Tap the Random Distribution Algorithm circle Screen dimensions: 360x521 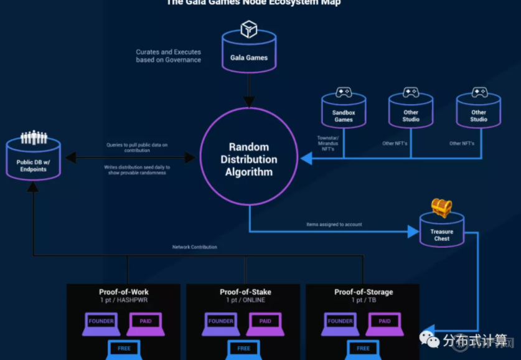[249, 159]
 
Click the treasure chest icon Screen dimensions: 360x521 [441, 209]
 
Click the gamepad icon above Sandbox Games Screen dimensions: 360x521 [344, 92]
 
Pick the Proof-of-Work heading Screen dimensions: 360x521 [124, 292]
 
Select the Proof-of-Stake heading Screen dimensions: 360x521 [245, 292]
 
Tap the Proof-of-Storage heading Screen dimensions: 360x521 [364, 292]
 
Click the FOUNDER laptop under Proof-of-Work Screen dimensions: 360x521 [101, 323]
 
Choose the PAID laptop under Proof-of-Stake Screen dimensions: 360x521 [266, 323]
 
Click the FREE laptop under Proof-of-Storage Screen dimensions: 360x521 [363, 349]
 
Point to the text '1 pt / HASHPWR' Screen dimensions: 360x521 [124, 300]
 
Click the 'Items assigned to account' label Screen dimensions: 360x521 [334, 224]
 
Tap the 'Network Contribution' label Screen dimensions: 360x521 [195, 247]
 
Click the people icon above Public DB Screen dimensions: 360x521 [34, 137]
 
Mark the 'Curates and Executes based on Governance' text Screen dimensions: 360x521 [169, 56]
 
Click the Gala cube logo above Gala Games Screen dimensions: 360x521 [249, 29]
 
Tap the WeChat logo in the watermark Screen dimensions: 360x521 [429, 339]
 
